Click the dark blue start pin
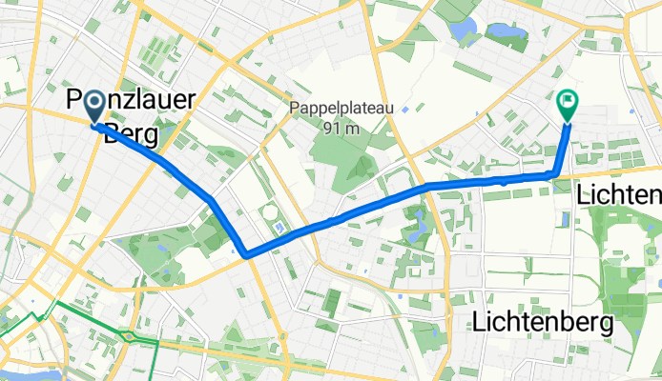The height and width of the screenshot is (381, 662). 95,108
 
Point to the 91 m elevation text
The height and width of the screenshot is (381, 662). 341,129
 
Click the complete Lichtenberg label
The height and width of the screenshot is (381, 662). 542,323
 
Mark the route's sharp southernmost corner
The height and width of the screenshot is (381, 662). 246,254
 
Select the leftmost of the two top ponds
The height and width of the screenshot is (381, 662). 465,31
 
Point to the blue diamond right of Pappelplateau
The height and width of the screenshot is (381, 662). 405,110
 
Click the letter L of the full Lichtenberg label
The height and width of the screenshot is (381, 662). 479,323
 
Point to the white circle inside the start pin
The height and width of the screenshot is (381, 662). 95,104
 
